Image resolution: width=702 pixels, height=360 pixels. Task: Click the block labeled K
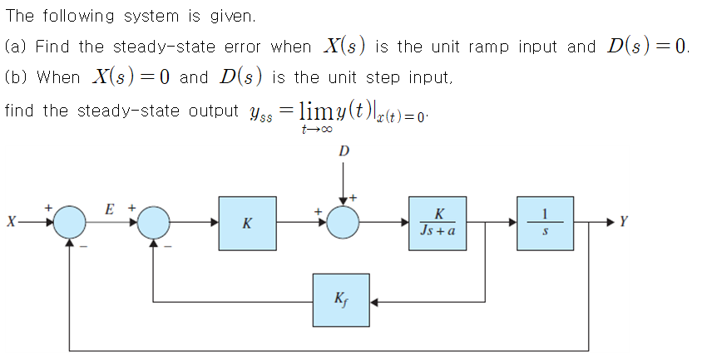247,223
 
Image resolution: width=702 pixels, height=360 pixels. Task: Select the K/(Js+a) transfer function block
438,223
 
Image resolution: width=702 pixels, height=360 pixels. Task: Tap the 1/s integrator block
544,223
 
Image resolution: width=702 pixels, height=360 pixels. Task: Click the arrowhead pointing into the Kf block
375,299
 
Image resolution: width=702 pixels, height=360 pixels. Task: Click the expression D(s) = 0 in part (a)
645,47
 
